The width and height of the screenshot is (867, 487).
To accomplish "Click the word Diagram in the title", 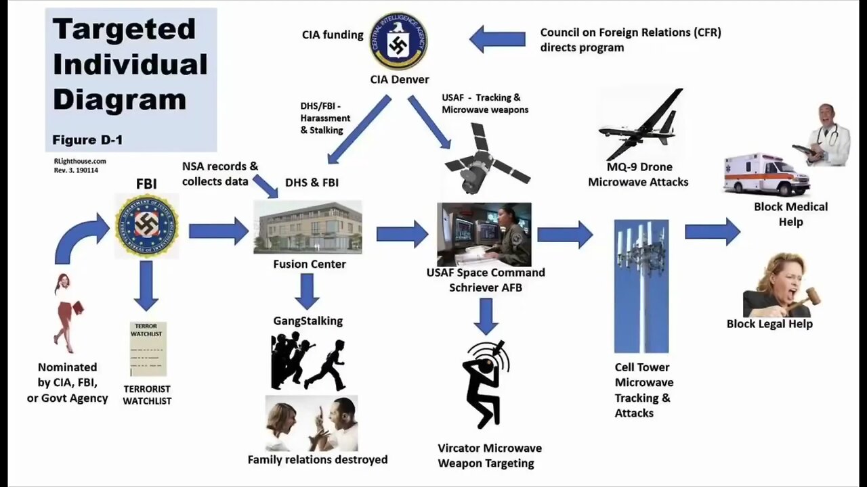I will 119,99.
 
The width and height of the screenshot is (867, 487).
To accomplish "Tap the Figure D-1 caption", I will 87,140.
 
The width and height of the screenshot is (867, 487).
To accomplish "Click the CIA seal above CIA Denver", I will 398,41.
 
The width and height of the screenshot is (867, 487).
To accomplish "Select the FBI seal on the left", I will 146,226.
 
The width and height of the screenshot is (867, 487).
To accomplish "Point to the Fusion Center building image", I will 308,227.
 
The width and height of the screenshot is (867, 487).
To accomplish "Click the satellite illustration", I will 486,160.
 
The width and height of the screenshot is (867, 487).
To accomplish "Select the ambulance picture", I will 766,175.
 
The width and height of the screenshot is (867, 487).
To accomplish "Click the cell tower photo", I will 641,285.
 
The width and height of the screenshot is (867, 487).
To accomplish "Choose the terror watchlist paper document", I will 148,348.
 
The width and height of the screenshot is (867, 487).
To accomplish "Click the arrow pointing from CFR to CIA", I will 497,39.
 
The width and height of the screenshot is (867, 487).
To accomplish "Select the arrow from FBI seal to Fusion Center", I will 219,231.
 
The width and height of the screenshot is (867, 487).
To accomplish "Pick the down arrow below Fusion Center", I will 307,291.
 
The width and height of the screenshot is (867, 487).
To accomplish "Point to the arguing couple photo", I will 312,423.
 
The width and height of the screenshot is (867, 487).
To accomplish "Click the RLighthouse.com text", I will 79,162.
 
